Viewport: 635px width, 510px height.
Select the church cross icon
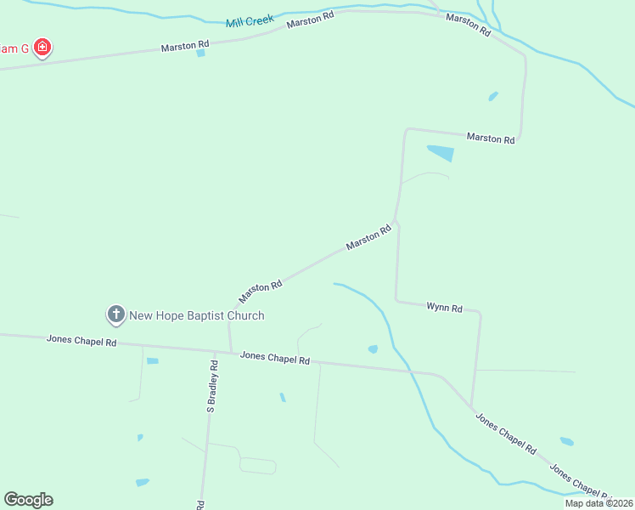115,315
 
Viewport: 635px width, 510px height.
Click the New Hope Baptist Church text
196,315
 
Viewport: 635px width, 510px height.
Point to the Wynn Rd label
444,308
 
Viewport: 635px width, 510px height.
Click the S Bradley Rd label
212,388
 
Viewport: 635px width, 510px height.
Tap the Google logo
28,500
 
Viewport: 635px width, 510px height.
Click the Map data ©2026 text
598,503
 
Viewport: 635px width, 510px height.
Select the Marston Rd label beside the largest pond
490,138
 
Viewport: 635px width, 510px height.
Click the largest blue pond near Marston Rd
441,154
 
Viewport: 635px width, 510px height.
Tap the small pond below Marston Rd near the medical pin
200,54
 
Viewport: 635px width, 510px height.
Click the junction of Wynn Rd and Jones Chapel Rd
472,407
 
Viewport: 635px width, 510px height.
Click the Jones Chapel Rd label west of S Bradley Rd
81,341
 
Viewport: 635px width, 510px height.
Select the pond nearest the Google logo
142,483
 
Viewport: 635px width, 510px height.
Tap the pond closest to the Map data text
566,441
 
